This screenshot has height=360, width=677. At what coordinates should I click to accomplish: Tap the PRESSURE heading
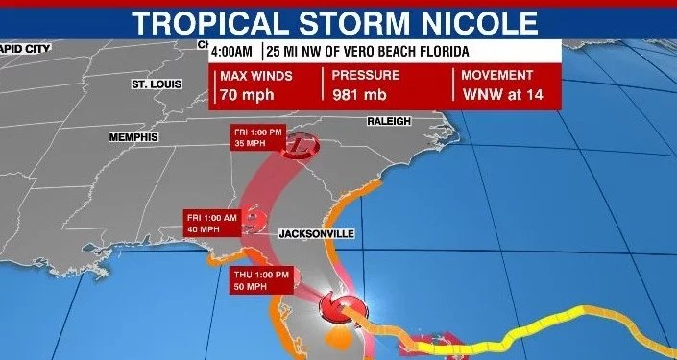click(x=367, y=75)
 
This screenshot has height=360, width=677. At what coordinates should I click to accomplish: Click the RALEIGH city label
click(x=388, y=121)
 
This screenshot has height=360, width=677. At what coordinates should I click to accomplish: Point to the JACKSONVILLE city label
click(x=317, y=233)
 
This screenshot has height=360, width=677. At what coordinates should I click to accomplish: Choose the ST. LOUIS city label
click(x=157, y=84)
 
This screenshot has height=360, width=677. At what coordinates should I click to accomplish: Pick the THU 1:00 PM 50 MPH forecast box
click(x=257, y=279)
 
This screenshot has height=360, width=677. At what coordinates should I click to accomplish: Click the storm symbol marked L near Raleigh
click(x=302, y=145)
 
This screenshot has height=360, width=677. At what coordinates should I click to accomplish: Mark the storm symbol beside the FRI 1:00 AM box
click(x=254, y=222)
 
